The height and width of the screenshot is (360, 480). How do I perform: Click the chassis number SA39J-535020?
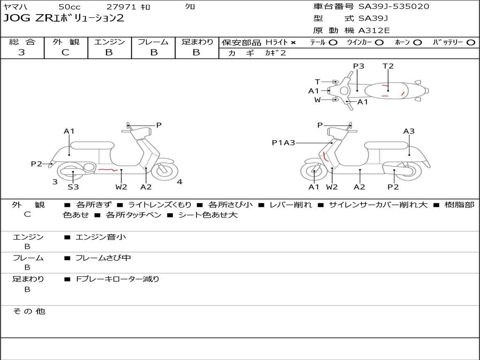[394, 7]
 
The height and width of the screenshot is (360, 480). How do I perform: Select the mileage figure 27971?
[121, 7]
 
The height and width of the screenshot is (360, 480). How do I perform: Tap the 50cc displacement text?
[69, 7]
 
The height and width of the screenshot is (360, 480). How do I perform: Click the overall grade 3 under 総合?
[22, 52]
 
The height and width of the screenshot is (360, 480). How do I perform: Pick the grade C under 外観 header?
[65, 52]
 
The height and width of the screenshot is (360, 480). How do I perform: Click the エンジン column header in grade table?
[109, 42]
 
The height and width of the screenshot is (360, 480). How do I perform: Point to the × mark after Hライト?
[293, 43]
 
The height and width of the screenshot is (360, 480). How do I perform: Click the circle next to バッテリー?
[471, 43]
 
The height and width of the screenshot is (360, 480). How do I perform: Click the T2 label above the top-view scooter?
[388, 66]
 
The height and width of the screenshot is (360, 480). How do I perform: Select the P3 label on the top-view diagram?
[359, 66]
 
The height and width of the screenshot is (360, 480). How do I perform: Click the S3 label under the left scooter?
[73, 187]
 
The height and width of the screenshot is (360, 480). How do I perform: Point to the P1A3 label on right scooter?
[284, 142]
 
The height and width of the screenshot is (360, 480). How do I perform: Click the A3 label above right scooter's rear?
[409, 131]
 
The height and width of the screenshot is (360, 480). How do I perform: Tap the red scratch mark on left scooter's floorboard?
[108, 169]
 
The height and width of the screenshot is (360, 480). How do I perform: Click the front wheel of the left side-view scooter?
[165, 170]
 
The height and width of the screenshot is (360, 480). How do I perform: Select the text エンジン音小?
[101, 237]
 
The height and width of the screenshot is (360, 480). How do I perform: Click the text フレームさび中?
[103, 258]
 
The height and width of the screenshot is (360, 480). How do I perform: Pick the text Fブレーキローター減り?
[118, 279]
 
